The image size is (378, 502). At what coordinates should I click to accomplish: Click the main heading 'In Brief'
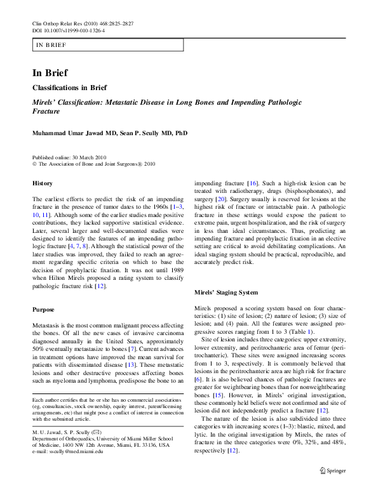[x=51, y=72]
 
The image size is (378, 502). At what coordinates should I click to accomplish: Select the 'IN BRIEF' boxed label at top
[x=51, y=45]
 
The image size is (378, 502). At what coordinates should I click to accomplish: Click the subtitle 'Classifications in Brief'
[x=70, y=88]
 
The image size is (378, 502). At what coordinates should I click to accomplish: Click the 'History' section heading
[x=43, y=183]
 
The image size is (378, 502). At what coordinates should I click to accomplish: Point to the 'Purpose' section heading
[x=44, y=309]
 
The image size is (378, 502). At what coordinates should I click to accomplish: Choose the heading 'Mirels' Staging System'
[x=226, y=293]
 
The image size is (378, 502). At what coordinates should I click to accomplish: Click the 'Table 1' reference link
[x=299, y=331]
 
